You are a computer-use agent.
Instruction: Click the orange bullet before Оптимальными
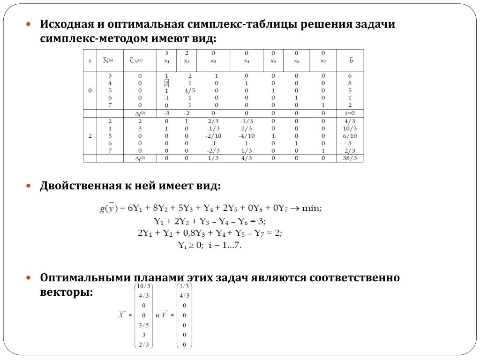click(29, 277)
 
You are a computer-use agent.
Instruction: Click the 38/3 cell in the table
click(350, 158)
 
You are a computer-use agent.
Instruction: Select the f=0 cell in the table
click(350, 113)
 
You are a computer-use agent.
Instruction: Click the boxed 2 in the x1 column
click(166, 83)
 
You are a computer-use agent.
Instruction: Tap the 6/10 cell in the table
click(350, 135)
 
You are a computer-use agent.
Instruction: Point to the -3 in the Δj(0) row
click(166, 113)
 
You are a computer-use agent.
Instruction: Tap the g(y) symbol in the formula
click(109, 208)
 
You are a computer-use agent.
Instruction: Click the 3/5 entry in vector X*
click(143, 325)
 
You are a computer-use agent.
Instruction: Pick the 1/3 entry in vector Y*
click(184, 286)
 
